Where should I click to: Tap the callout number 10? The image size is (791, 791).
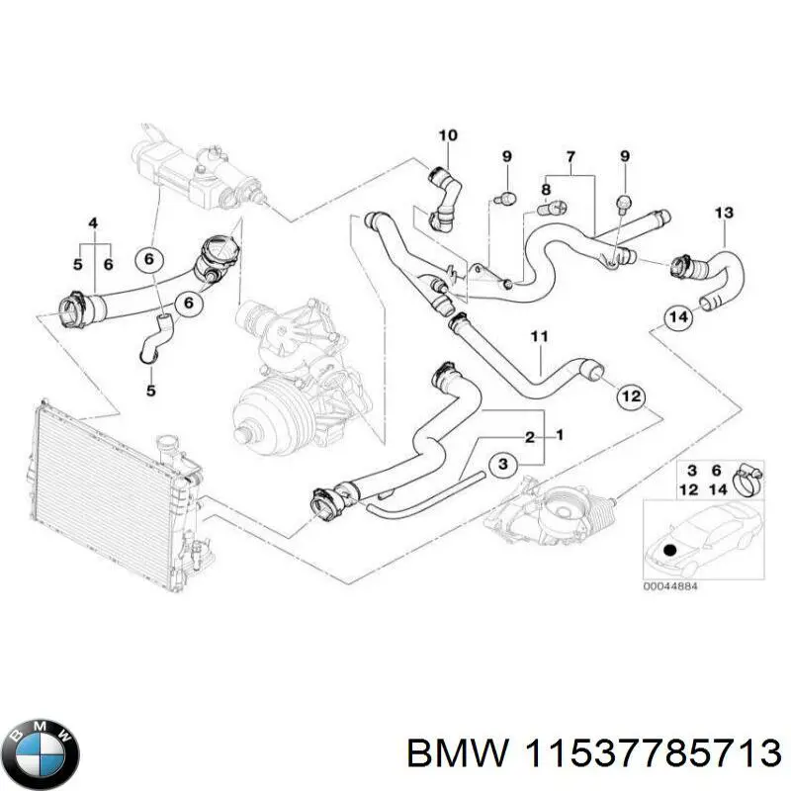click(448, 135)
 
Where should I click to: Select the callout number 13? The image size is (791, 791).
click(723, 213)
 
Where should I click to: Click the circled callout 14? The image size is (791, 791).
click(677, 318)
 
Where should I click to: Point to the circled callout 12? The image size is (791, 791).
click(630, 396)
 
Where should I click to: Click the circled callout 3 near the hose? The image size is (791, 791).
click(501, 464)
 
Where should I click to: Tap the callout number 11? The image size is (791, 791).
click(538, 339)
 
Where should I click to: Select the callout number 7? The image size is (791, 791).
click(571, 157)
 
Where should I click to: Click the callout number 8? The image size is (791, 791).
click(545, 189)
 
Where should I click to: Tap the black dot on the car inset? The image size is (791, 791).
click(670, 550)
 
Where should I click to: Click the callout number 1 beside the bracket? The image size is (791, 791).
click(561, 436)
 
